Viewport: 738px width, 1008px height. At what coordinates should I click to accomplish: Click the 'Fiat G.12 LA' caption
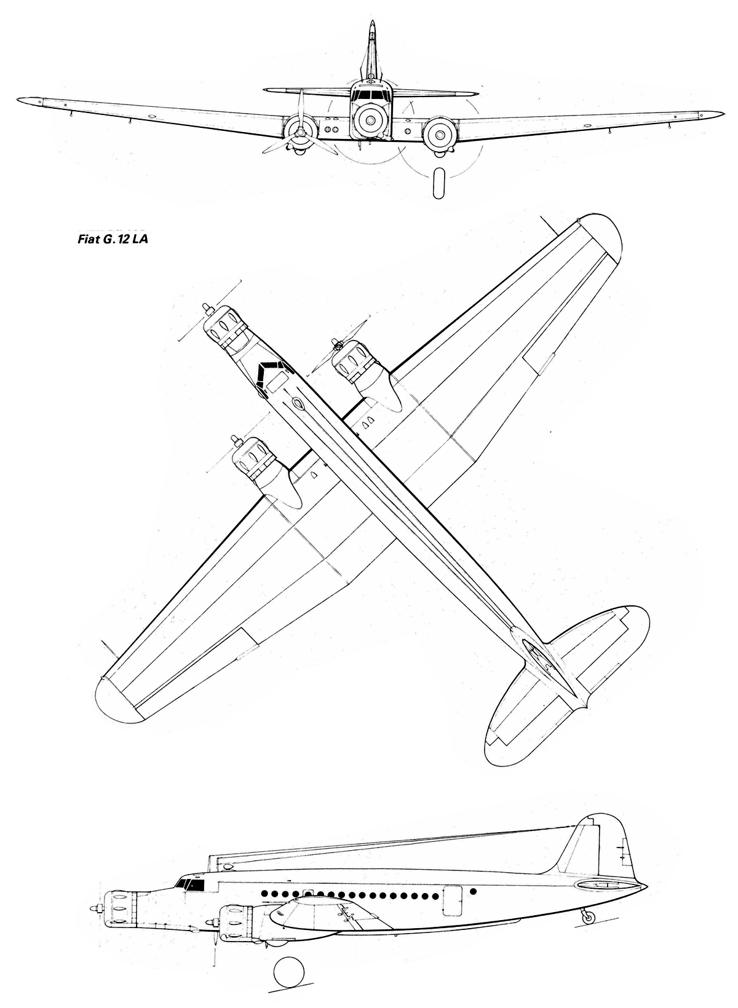click(x=113, y=239)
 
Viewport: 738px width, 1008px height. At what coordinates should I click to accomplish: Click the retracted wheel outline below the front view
click(x=438, y=183)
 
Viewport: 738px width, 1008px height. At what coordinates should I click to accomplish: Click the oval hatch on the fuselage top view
click(x=298, y=403)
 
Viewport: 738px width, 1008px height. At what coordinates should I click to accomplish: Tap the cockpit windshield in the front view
click(x=371, y=95)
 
